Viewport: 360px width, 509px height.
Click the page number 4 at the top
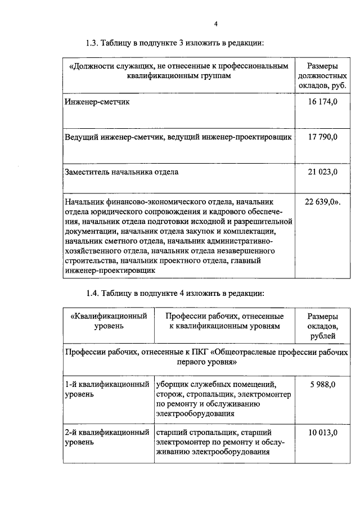pyautogui.click(x=215, y=23)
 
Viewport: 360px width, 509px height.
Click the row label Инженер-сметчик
pyautogui.click(x=97, y=102)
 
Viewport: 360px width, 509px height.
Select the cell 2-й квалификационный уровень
pyautogui.click(x=106, y=437)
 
